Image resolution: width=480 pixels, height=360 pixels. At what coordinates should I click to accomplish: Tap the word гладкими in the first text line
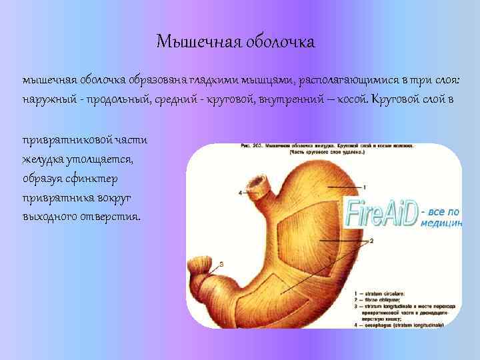click(x=202, y=80)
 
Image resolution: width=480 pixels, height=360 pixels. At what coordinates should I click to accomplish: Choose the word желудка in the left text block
click(x=43, y=161)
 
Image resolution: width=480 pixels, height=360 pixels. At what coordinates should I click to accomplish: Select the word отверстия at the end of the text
click(x=110, y=217)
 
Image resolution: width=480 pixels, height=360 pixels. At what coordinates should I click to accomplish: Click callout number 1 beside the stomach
click(x=364, y=187)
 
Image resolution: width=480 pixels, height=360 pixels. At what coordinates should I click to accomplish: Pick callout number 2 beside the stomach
click(x=371, y=240)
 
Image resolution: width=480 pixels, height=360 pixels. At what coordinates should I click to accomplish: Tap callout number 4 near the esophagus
click(x=240, y=193)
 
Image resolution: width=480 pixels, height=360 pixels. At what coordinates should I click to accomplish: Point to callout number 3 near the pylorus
click(x=221, y=265)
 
